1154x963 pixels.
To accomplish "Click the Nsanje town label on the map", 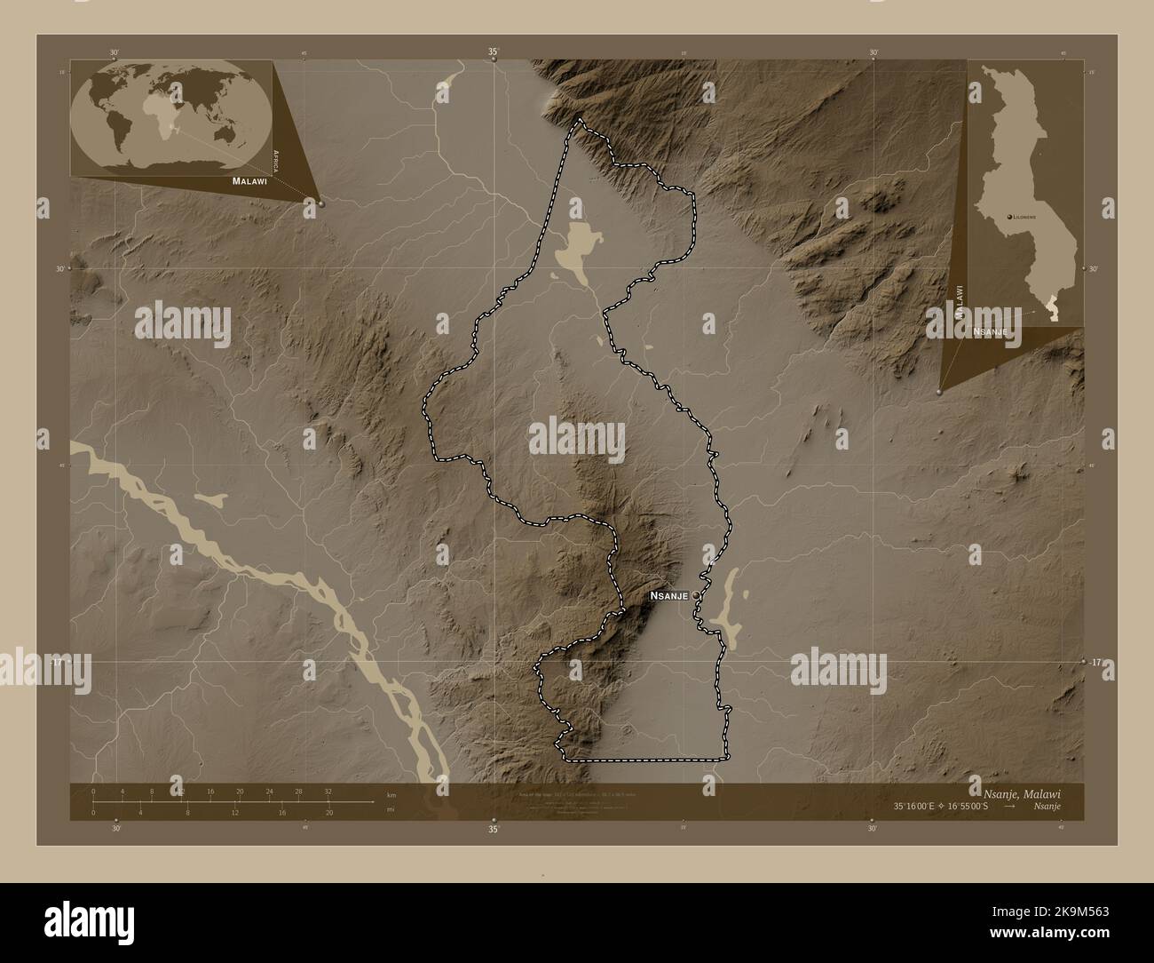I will coord(669,597).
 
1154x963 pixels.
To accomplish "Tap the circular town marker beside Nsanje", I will coord(697,596).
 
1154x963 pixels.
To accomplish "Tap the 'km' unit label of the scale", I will coord(391,794).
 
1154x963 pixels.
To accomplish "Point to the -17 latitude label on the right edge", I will coord(1096,662).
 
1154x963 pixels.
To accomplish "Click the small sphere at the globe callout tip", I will coord(320,203).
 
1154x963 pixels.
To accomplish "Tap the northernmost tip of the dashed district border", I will coord(580,120).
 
